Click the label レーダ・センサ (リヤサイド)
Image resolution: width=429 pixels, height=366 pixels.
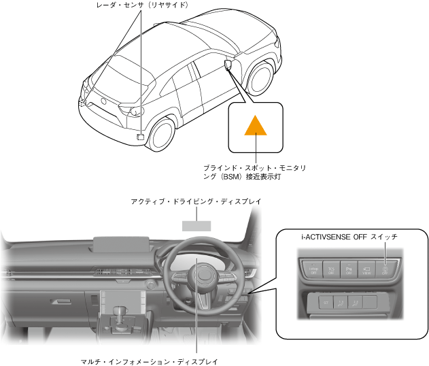142,5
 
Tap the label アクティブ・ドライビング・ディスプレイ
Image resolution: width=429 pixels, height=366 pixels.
196,202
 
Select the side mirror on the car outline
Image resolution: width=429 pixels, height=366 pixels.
226,65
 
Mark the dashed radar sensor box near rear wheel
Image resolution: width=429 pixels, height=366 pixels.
141,135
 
